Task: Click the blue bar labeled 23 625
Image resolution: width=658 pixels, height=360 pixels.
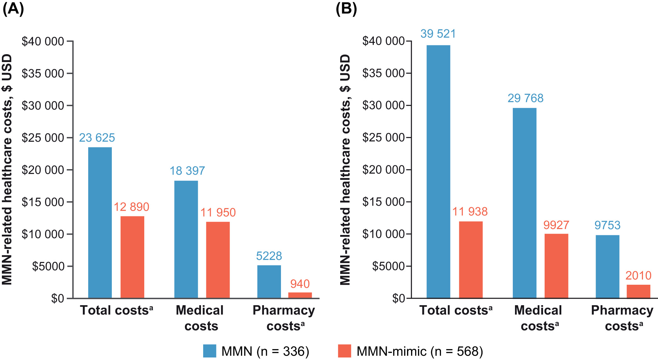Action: point(100,222)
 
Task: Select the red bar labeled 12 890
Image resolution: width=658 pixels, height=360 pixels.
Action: point(132,257)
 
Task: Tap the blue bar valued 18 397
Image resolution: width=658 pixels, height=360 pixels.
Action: point(186,239)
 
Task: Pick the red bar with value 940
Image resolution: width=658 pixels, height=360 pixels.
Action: point(300,295)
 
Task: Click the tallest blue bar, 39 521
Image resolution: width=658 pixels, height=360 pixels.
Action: point(438,171)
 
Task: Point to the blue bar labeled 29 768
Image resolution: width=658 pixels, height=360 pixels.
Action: point(524,203)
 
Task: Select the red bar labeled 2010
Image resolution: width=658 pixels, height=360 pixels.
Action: point(638,291)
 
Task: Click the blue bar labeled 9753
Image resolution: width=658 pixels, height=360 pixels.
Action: point(607,266)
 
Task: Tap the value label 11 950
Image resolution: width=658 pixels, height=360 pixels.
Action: point(218,213)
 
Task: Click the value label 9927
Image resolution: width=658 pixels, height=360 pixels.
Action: point(556,225)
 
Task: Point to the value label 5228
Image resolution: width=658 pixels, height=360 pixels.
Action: point(269,256)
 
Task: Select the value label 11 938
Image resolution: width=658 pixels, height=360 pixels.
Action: point(470,212)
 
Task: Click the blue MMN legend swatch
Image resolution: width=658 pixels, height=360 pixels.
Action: point(209,351)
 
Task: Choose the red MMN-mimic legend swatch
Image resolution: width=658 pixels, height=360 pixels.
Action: point(344,351)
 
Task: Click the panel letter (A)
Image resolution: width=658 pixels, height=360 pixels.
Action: point(13,9)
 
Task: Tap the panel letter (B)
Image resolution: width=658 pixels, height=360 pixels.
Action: point(346,9)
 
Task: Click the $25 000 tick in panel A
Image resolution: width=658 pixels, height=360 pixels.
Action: point(43,138)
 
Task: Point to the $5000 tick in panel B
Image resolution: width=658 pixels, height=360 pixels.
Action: point(388,266)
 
